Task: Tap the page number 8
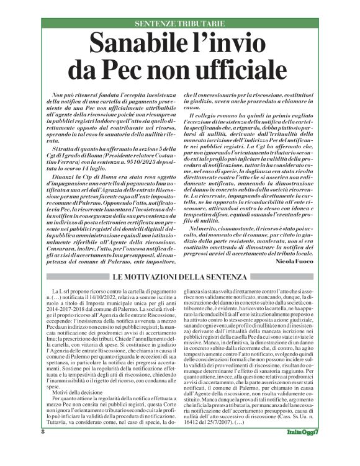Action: pos(43,449)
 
